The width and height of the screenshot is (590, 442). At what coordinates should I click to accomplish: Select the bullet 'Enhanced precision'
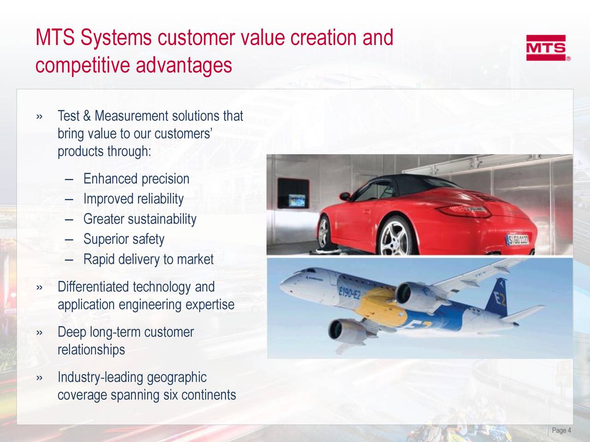pos(136,179)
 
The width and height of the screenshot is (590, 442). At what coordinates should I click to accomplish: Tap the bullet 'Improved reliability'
pos(133,199)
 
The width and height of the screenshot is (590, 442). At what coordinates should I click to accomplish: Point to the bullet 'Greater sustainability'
pos(140,219)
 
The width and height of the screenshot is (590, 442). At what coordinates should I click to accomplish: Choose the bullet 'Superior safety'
pos(124,239)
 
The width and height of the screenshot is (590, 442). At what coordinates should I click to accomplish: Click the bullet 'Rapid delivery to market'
pos(148,260)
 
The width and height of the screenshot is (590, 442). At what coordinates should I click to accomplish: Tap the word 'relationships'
pos(91,350)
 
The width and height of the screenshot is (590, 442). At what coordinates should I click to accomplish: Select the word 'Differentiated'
pos(94,287)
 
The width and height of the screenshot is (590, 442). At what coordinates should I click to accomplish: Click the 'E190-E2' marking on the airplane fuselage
pos(348,291)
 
